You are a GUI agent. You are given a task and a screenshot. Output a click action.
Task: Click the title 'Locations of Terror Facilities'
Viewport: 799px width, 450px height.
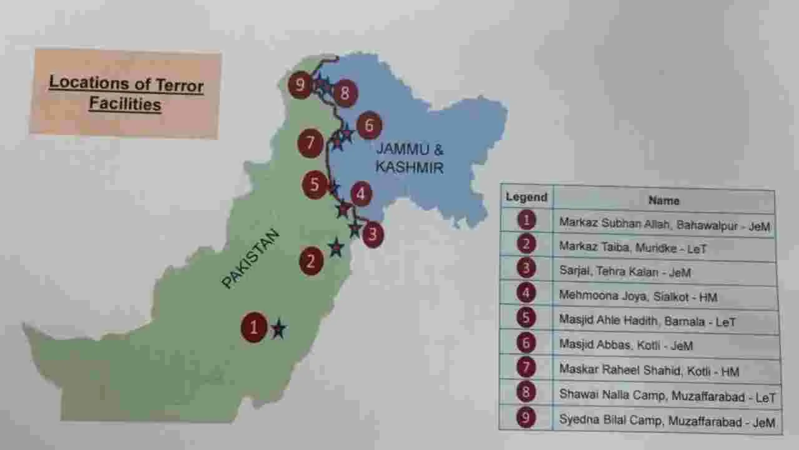click(126, 92)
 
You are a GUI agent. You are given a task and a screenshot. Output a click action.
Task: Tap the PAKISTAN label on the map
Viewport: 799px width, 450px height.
click(250, 259)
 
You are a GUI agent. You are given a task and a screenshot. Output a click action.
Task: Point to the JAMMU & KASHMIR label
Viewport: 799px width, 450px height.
click(410, 159)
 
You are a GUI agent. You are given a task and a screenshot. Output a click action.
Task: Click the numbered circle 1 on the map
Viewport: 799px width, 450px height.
click(254, 327)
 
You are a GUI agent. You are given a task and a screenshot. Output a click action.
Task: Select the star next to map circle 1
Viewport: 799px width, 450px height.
click(278, 328)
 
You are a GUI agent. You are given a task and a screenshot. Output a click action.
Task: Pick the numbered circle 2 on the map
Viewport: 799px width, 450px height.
click(311, 261)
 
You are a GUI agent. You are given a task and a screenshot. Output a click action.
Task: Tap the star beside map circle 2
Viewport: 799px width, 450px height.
click(336, 247)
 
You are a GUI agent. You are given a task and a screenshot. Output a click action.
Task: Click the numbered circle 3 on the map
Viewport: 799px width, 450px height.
click(373, 235)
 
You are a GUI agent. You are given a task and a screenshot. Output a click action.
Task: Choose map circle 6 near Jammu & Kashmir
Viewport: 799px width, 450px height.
click(369, 126)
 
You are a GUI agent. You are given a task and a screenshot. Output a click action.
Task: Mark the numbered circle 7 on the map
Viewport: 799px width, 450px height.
click(310, 143)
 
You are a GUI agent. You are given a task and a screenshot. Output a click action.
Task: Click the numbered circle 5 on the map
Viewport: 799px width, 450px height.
click(315, 185)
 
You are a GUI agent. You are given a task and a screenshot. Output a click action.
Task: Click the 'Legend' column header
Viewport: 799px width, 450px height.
click(526, 197)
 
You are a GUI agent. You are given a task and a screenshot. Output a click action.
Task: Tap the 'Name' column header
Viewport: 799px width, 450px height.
click(664, 201)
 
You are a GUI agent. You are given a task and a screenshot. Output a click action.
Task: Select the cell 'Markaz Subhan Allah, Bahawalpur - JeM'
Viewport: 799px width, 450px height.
click(664, 224)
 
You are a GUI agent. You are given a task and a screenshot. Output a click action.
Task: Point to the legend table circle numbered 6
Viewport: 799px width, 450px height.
click(527, 342)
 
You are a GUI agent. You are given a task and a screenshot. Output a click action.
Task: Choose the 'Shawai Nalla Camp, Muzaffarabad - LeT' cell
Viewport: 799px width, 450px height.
click(667, 396)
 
